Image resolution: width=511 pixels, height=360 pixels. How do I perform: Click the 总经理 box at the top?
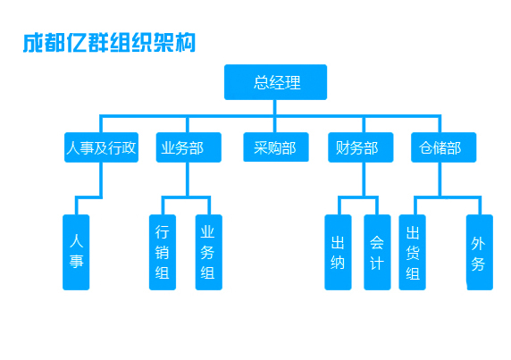pos(275,82)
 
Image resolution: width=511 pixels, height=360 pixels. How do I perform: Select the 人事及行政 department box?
pos(101,147)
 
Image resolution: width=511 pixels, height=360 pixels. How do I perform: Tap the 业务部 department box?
pos(188,147)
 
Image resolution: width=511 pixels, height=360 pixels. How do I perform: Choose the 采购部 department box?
pos(276,147)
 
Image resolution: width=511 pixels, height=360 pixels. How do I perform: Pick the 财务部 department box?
pos(360,147)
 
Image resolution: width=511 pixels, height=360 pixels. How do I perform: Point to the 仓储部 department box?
pos(443,147)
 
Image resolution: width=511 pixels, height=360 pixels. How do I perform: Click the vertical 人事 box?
pos(76,252)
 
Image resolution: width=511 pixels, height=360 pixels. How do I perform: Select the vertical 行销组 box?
pos(163,252)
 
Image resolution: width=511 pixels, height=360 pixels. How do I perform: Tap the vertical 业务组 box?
pos(208,252)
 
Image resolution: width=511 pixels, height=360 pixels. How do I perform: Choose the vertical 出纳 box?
pos(338,252)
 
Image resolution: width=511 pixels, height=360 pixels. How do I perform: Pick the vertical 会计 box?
pos(377,252)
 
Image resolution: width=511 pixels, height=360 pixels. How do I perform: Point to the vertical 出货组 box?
pos(412,252)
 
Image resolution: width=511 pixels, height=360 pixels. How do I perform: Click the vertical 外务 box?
pos(480,252)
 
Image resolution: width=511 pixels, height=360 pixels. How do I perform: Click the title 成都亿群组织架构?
pos(109,43)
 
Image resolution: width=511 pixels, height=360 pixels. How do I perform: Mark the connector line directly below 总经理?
pos(275,107)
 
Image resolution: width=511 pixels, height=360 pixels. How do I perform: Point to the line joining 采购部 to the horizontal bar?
pos(275,125)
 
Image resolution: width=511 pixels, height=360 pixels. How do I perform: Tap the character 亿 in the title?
pos(77,43)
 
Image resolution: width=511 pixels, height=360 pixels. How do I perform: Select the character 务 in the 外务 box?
pos(478,264)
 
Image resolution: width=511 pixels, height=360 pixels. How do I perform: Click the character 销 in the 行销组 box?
pos(162,252)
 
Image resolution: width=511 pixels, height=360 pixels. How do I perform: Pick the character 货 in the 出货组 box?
pos(413,252)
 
